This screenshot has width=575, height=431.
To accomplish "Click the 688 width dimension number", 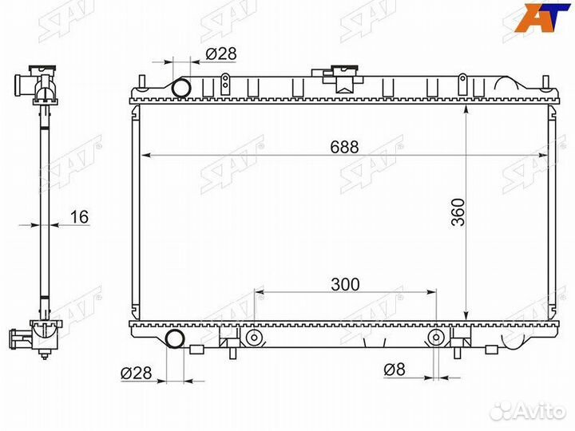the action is point(344,147).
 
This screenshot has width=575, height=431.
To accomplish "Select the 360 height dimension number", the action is point(458,212).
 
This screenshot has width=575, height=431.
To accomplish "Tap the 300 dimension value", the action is point(345,284).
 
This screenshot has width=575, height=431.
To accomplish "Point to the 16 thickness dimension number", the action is point(79,216).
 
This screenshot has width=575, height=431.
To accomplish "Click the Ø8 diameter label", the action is point(395,370).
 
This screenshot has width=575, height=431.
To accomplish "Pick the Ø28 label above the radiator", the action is point(221,54).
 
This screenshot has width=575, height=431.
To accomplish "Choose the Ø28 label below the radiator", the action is point(136,373).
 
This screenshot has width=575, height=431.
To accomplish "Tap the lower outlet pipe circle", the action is point(175,338).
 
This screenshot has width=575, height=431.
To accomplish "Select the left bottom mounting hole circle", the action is point(253,338).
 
